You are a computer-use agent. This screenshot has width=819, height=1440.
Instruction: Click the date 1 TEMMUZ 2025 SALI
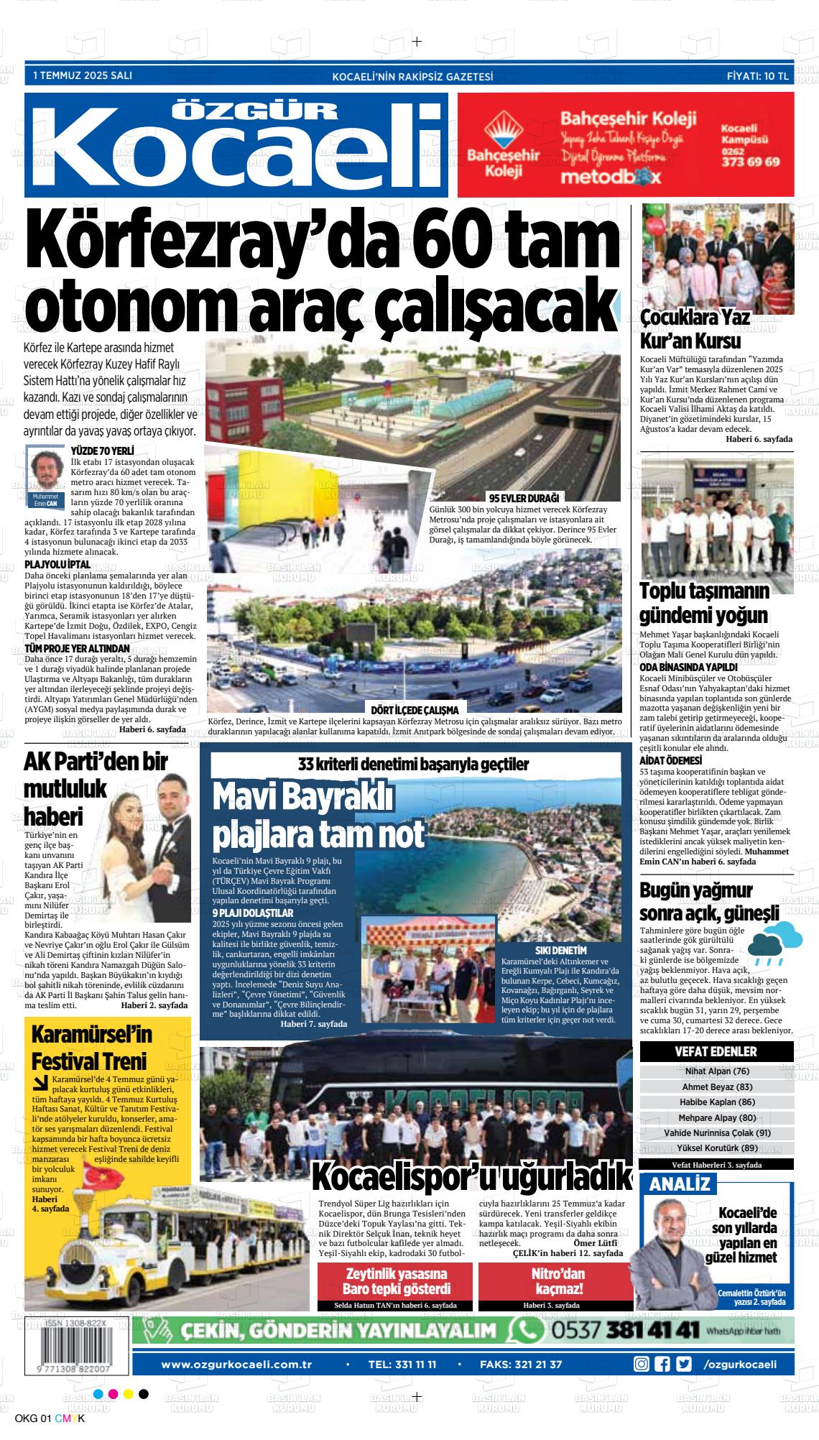click(83, 75)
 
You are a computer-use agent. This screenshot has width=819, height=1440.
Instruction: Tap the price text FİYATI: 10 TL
click(757, 75)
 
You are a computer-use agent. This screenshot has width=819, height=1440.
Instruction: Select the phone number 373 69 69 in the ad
click(750, 162)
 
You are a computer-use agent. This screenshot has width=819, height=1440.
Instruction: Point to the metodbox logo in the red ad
click(601, 176)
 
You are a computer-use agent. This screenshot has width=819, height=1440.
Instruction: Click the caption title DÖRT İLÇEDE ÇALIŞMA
click(414, 710)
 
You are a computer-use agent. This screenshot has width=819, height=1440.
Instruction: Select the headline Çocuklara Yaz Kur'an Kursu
click(690, 329)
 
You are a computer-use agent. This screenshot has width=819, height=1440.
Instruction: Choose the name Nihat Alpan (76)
click(717, 1071)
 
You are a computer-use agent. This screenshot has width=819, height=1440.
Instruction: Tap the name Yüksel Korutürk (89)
click(717, 1148)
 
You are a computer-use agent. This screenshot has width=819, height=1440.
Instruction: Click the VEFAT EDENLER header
click(716, 1051)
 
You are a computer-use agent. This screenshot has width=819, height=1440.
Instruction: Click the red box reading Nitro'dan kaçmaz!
click(557, 1280)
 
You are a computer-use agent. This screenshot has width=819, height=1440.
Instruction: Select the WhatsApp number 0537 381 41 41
click(625, 1331)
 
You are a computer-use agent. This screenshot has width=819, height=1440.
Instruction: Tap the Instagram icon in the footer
click(641, 1364)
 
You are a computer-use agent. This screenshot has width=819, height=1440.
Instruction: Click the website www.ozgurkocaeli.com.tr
click(236, 1364)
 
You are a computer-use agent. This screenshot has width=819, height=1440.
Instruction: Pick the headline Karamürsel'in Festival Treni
click(91, 1047)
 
